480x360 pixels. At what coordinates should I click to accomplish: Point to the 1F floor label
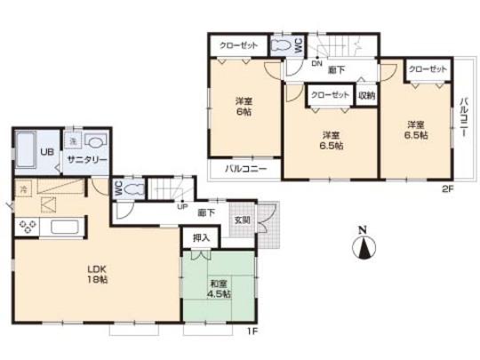[252, 332]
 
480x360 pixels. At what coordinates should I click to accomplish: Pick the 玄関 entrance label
[242, 220]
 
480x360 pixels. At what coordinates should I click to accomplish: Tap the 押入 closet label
[200, 237]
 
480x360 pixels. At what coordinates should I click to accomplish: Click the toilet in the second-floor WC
[281, 44]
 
